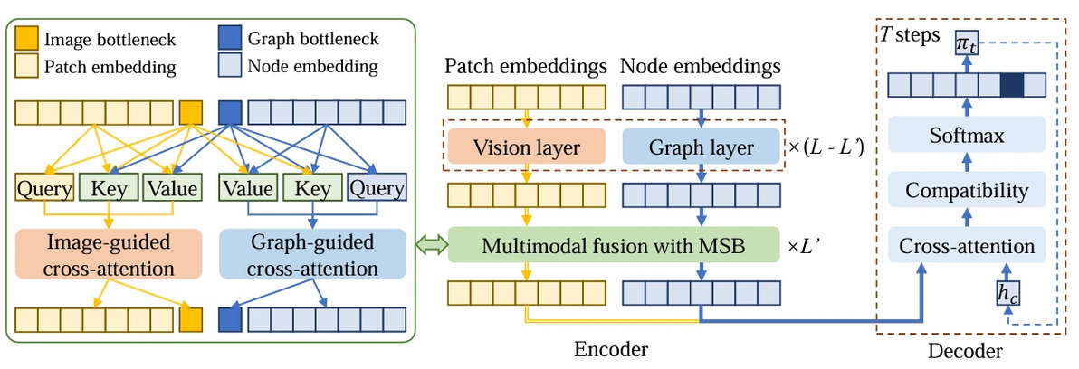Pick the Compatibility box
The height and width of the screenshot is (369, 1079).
967,192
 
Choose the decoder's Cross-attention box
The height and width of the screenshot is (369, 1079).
967,245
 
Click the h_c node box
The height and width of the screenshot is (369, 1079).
1007,292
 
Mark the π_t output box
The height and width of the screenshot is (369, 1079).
967,43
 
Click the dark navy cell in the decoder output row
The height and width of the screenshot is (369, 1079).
1012,85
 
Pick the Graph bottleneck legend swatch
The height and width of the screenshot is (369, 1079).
231,39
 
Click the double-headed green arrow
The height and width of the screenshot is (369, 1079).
431,244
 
